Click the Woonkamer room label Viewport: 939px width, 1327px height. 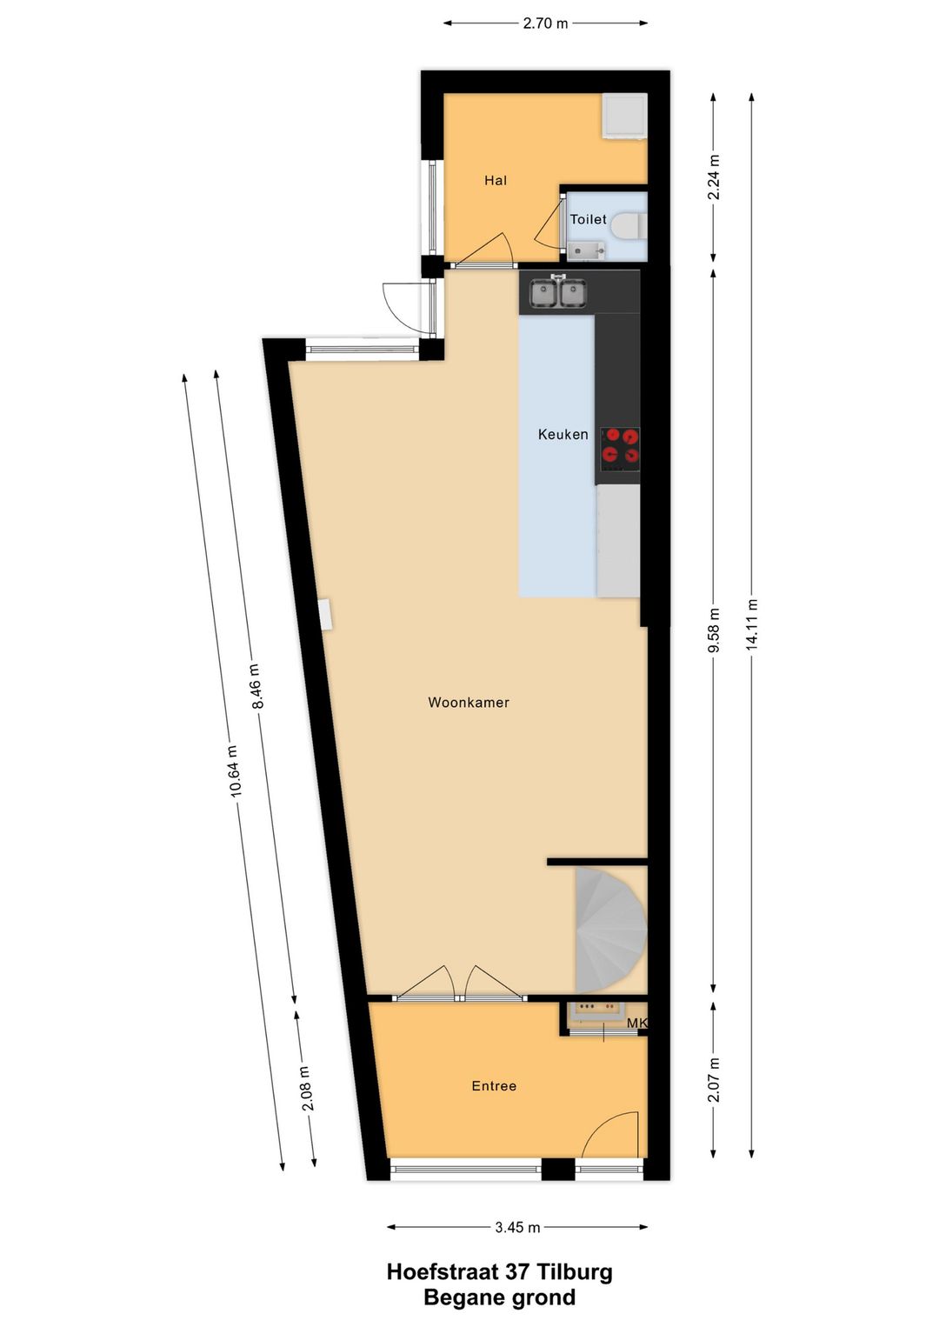(469, 703)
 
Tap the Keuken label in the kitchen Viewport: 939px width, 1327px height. (563, 434)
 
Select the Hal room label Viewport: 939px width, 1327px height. (496, 180)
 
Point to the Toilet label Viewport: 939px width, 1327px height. (588, 219)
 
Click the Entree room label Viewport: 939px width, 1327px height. (494, 1085)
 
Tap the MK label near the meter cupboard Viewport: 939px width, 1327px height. (637, 1024)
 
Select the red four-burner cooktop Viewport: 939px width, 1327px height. (619, 447)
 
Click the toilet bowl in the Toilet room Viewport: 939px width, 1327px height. (628, 226)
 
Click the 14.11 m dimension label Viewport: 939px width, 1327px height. (752, 624)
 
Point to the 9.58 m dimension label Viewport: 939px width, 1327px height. (714, 630)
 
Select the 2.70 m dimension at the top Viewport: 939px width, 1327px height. (545, 23)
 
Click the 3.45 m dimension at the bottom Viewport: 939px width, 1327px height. (517, 1227)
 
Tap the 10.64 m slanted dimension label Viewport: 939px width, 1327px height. (234, 771)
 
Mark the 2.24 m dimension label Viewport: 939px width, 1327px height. (714, 177)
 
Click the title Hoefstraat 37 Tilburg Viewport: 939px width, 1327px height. (499, 1272)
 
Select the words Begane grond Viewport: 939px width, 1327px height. (499, 1297)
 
